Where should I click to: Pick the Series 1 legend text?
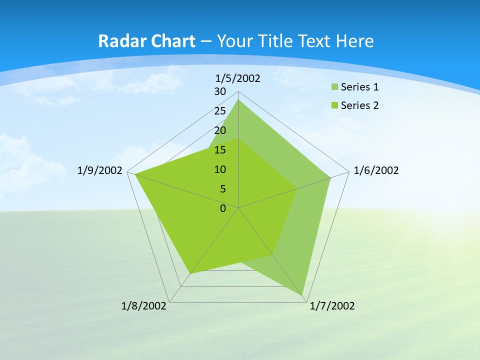tap(359, 87)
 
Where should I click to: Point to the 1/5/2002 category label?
tap(237, 78)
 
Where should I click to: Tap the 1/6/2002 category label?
tap(376, 170)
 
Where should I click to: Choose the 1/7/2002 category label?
tap(332, 306)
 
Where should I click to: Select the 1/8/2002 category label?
tap(144, 306)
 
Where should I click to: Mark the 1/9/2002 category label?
tap(99, 170)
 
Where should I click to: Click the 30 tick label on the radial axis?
tap(220, 91)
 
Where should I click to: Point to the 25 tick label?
tap(220, 111)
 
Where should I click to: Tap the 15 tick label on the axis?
tap(220, 150)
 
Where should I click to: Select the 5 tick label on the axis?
tap(223, 189)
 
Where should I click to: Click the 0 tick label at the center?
tap(223, 208)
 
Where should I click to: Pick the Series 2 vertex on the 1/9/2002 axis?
tap(134, 174)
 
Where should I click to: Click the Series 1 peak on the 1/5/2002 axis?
tap(238, 99)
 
